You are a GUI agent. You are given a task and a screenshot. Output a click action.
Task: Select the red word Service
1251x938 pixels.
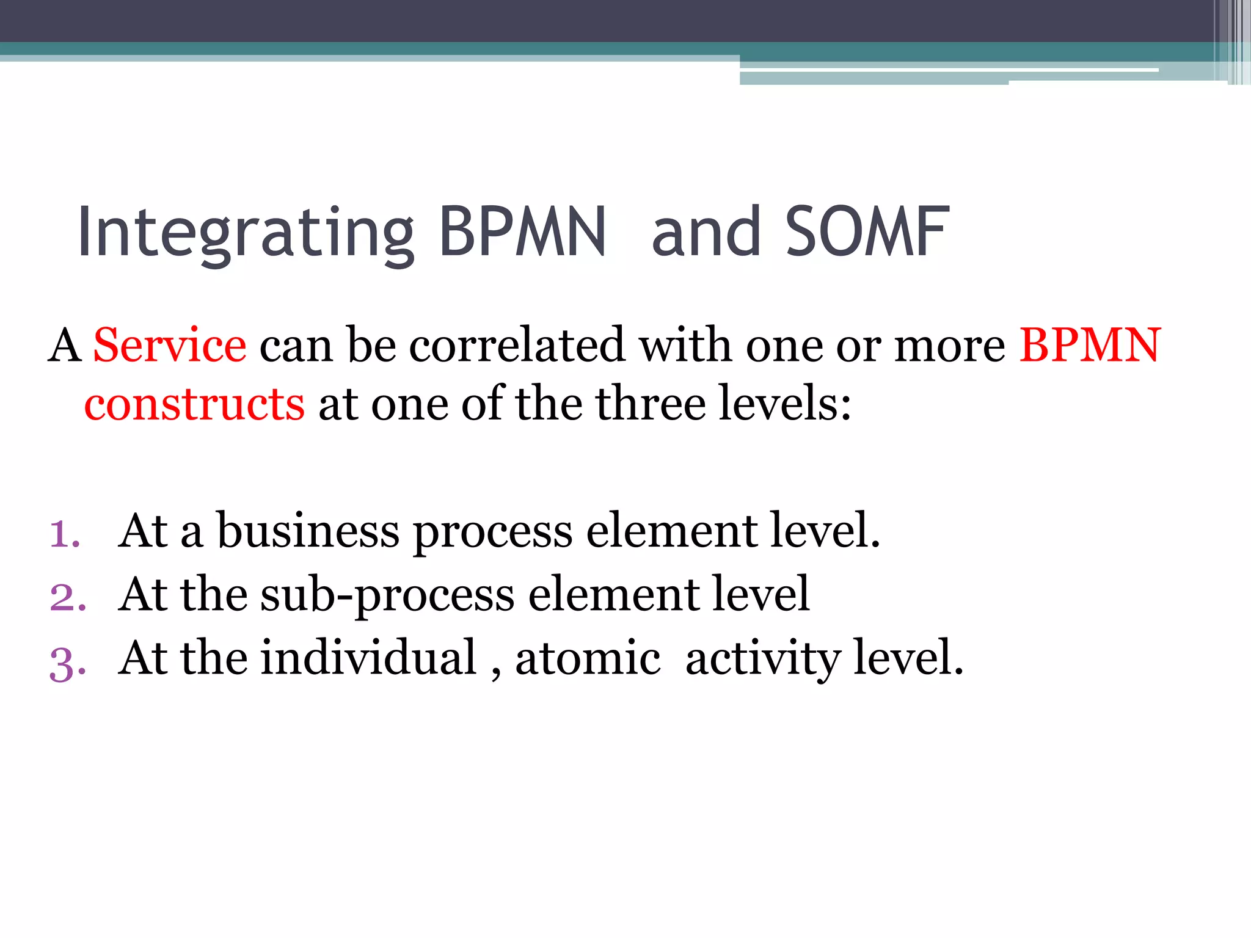tap(170, 346)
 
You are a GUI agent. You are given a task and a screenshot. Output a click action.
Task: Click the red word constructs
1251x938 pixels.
tap(194, 404)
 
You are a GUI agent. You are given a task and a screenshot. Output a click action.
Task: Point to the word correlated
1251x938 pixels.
tap(517, 346)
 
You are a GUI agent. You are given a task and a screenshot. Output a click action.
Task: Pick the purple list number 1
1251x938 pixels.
tap(65, 534)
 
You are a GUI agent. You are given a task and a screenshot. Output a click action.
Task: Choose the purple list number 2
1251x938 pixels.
tap(68, 597)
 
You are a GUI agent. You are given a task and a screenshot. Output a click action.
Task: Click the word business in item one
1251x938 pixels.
tap(308, 531)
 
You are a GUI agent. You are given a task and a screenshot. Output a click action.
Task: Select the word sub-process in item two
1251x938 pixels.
tap(387, 595)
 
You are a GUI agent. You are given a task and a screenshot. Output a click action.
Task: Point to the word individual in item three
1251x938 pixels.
tap(368, 658)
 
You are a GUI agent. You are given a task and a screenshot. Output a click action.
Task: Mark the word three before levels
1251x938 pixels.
tap(650, 404)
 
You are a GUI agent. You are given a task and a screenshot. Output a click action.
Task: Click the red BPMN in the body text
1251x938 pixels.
tap(1089, 346)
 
